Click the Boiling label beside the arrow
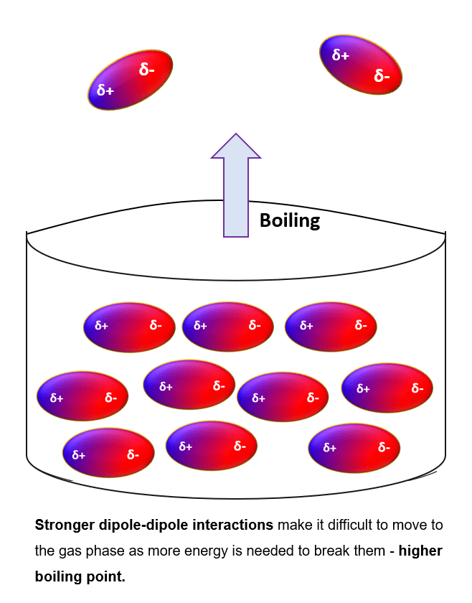(x=289, y=220)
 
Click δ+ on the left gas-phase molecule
(x=105, y=90)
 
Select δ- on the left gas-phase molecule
(x=147, y=69)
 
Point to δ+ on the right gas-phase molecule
(x=340, y=55)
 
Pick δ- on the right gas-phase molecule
(x=382, y=76)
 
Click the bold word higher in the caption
(x=420, y=551)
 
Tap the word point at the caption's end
(x=105, y=576)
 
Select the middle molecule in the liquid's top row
(x=228, y=327)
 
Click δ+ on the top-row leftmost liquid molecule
(x=101, y=326)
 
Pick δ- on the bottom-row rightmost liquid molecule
(x=384, y=448)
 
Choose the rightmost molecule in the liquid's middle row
(x=387, y=388)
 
